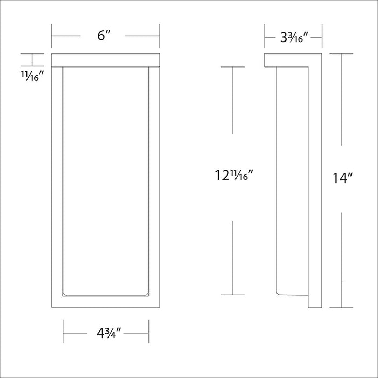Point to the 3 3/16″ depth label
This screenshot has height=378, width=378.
294,38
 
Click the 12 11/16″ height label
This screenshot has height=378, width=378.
234,176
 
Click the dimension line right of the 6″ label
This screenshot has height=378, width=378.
143,36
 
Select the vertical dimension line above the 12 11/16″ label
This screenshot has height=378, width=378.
233,100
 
